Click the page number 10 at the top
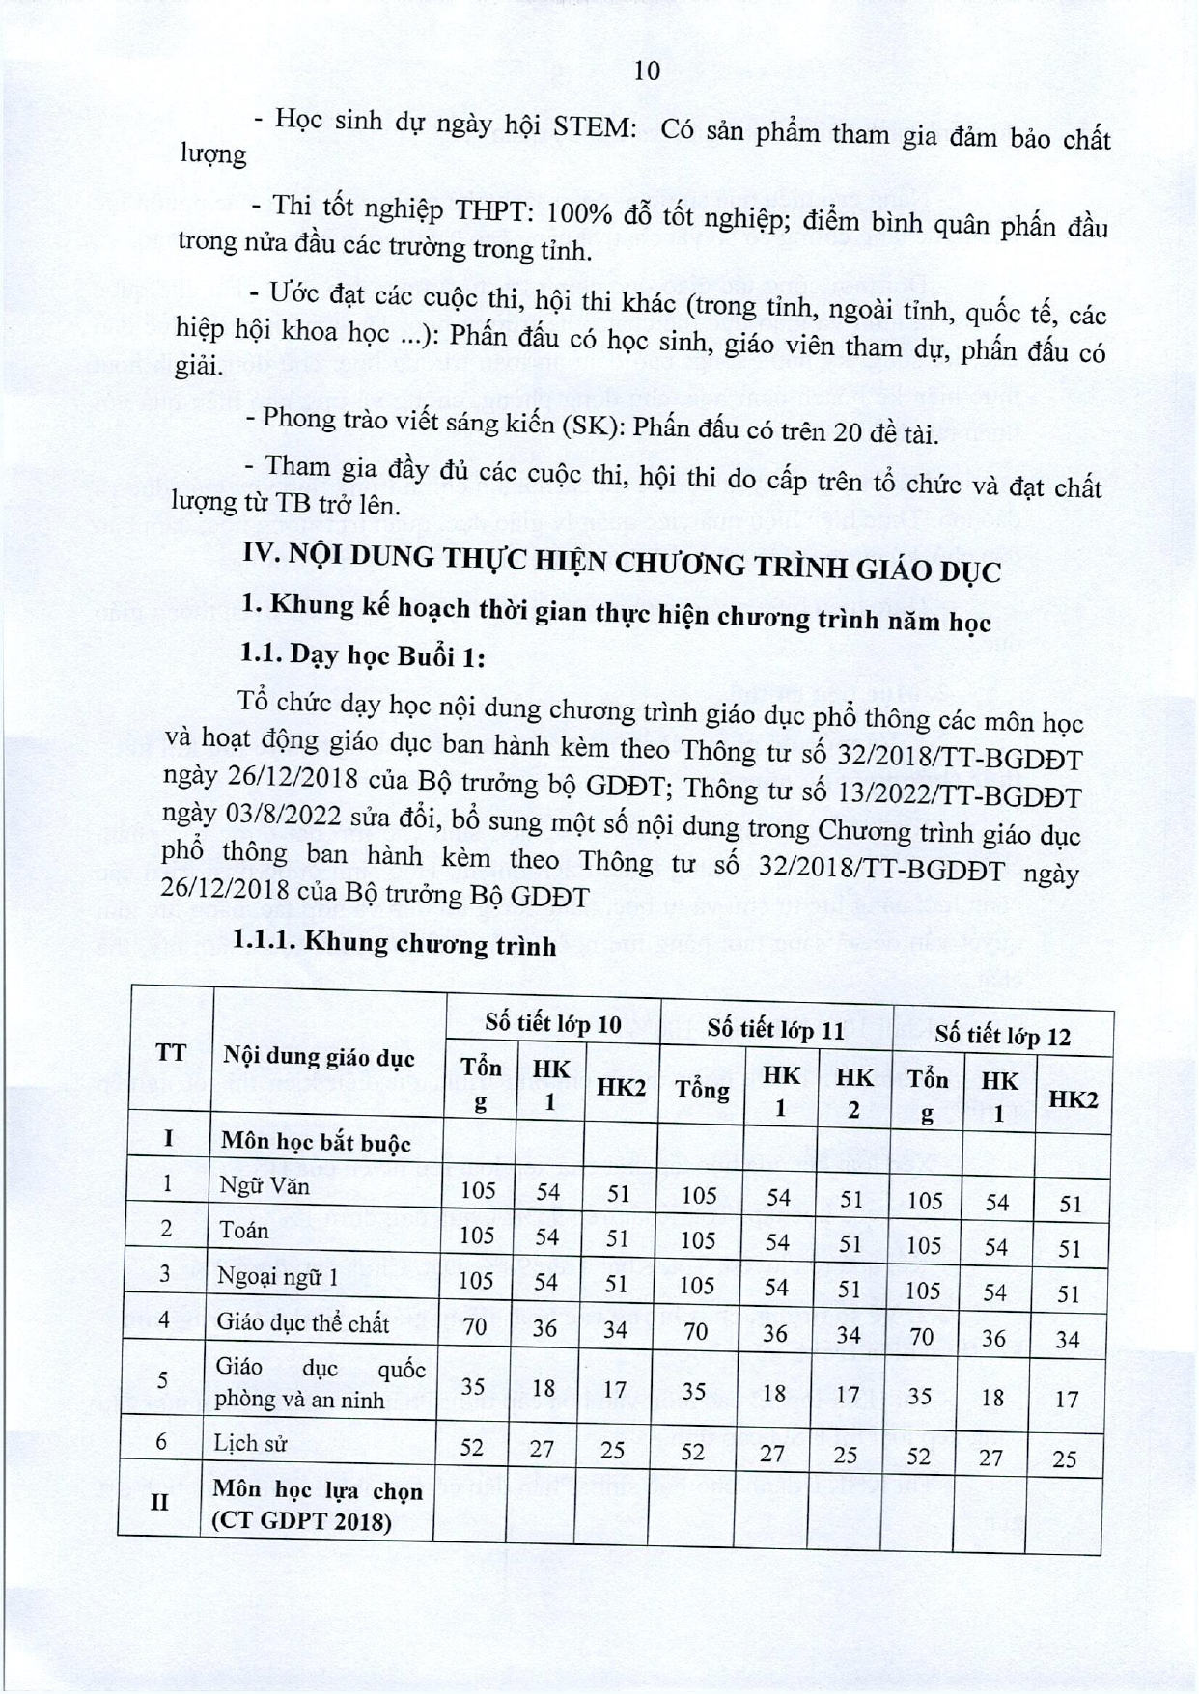pos(648,70)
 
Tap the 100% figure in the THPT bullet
pos(572,213)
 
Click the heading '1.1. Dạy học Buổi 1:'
pos(362,655)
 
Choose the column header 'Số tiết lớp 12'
pos(1002,1036)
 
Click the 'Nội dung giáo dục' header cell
pos(319,1056)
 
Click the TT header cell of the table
pos(171,1051)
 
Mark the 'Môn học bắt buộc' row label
pos(316,1143)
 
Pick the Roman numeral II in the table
pos(160,1502)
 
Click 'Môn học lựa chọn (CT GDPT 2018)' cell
pos(318,1505)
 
